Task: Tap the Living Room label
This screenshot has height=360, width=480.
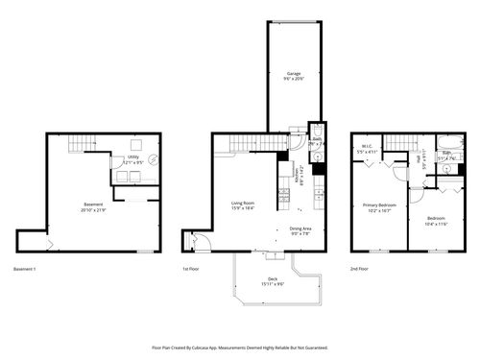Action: click(x=242, y=203)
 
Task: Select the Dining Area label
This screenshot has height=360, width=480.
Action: click(x=300, y=228)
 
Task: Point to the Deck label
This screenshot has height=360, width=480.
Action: click(x=274, y=278)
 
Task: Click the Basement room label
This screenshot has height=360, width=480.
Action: click(x=93, y=204)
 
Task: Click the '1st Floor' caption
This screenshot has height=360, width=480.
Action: click(x=192, y=268)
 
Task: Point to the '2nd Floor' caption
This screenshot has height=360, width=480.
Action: click(x=360, y=268)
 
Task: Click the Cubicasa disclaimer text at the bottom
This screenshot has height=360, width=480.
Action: click(x=240, y=347)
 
